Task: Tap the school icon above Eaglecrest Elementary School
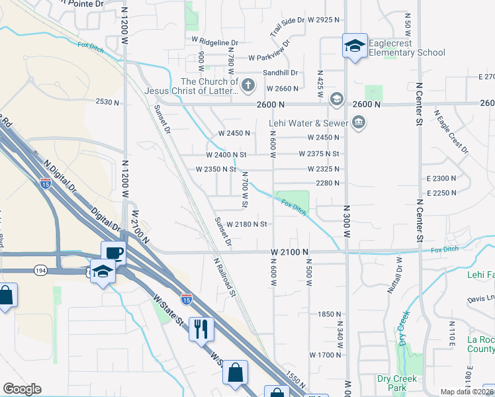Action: (355, 46)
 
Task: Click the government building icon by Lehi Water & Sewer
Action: (359, 122)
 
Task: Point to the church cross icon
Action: (248, 85)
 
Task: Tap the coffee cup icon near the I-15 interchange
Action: (114, 253)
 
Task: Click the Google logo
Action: (22, 389)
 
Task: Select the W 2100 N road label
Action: (290, 252)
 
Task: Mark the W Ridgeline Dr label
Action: (214, 39)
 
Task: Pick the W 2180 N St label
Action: (246, 224)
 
